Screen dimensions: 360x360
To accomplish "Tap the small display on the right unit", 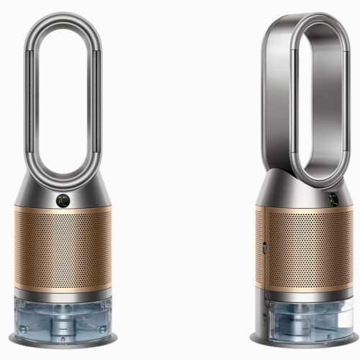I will pyautogui.click(x=333, y=200).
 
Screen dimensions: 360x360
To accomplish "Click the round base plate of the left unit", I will pyautogui.click(x=63, y=339).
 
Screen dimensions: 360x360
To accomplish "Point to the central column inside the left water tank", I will pyautogui.click(x=63, y=317).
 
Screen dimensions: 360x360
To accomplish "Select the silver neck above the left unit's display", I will pyautogui.click(x=63, y=184).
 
